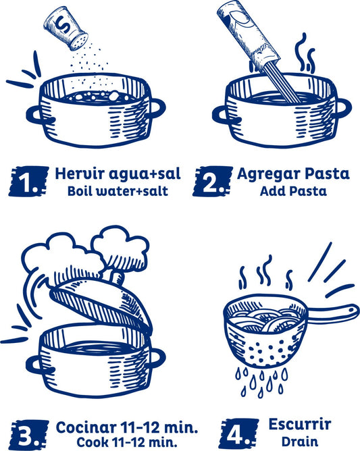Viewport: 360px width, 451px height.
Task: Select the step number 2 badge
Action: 211,181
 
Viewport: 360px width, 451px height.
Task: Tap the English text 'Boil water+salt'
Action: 118,191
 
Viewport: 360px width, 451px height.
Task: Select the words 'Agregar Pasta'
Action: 293,174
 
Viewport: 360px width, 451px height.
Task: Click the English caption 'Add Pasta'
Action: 293,191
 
